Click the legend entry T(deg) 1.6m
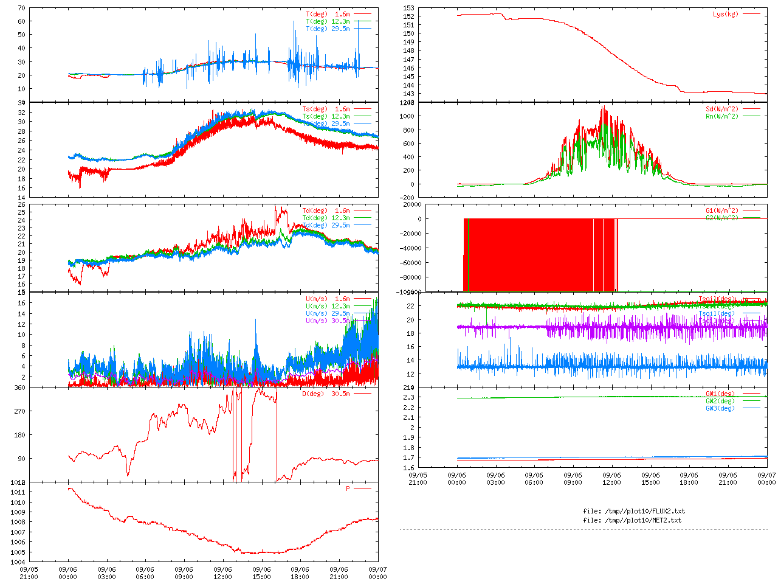328,14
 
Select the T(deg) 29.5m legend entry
328,29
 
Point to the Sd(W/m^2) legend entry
721,109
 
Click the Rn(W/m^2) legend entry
721,117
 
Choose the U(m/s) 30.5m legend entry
328,321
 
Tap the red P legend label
348,488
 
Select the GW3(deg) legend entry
720,408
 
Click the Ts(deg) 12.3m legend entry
326,116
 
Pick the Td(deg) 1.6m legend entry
326,210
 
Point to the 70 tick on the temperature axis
22,9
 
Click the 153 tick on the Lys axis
408,8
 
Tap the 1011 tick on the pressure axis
18,492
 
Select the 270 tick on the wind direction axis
19,411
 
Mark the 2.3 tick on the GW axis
410,397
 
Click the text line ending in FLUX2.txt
633,511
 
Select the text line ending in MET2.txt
632,520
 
